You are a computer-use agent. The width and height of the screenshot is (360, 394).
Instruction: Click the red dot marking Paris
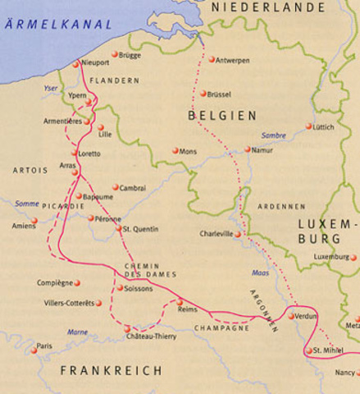click(34, 350)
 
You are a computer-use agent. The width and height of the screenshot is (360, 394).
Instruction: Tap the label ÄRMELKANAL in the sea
click(58, 25)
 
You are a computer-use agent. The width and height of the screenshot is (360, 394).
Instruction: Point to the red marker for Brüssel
click(203, 94)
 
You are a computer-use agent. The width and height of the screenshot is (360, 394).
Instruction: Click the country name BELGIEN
click(221, 117)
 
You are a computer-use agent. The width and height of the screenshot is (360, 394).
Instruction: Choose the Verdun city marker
click(291, 316)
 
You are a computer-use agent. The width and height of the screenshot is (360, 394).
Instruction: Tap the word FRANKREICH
click(112, 371)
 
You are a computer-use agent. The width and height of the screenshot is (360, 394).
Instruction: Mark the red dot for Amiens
click(34, 220)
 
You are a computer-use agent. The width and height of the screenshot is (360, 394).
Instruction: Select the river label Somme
click(27, 204)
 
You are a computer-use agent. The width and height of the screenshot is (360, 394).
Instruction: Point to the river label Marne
click(77, 332)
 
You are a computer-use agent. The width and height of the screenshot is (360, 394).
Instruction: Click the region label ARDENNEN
click(280, 206)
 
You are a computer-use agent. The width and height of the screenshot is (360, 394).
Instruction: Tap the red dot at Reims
click(180, 302)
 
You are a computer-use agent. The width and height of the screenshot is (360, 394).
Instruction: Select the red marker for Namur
click(248, 149)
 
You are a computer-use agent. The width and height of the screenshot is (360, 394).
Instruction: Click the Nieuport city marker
click(76, 63)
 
